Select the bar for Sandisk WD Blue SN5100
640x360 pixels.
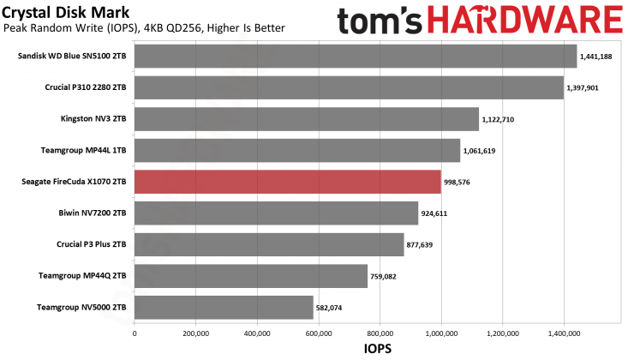click(355, 57)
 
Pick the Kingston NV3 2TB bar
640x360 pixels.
click(306, 119)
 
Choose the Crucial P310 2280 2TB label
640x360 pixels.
click(86, 88)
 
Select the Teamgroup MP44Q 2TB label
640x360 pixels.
click(82, 276)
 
